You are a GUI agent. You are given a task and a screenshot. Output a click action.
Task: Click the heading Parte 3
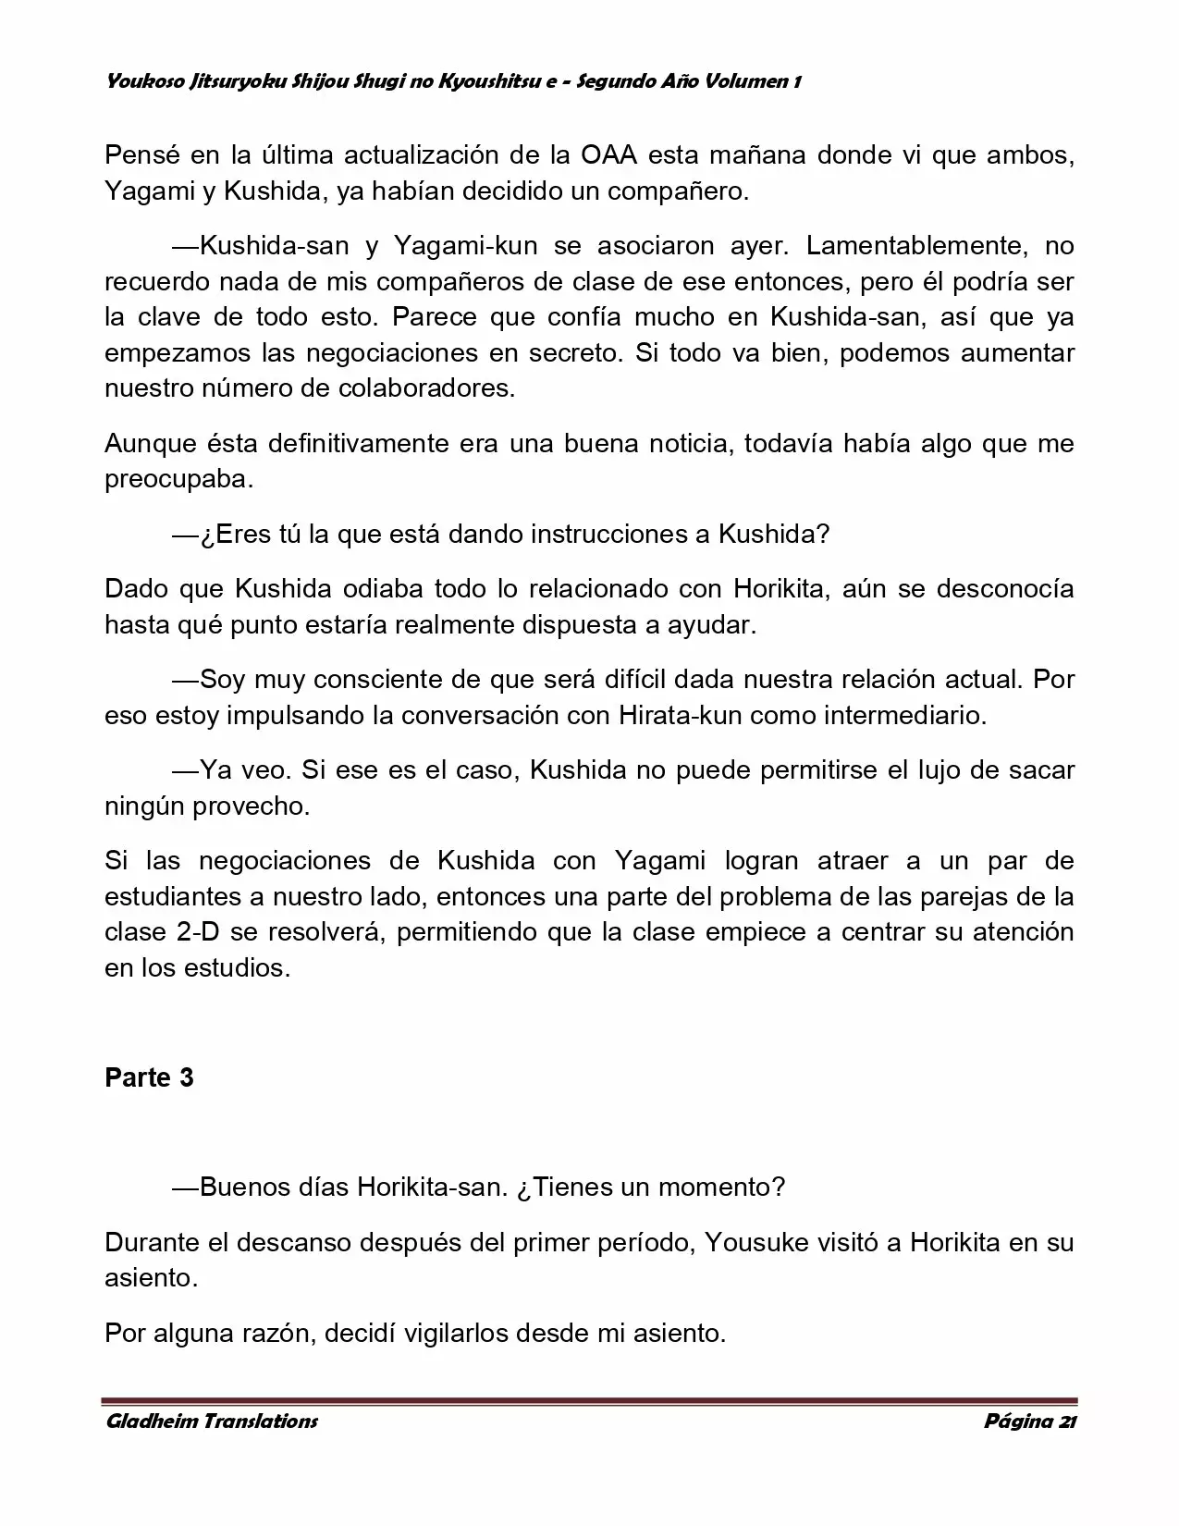[x=149, y=1078]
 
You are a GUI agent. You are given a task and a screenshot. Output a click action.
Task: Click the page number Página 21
[x=1030, y=1421]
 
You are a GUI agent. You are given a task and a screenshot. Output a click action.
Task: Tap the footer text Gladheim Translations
[x=212, y=1421]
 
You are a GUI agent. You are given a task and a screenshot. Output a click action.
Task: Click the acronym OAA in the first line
[x=608, y=155]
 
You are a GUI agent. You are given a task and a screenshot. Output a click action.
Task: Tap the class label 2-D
[x=197, y=932]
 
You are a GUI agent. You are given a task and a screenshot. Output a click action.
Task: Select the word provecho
[x=251, y=806]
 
